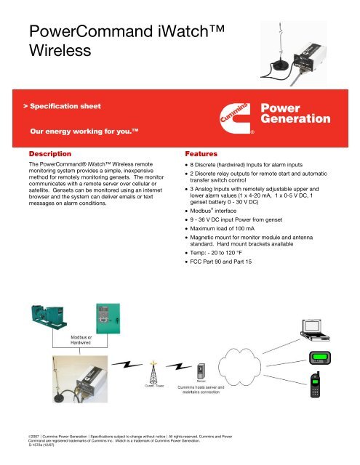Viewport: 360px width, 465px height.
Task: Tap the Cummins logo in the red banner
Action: pyautogui.click(x=239, y=115)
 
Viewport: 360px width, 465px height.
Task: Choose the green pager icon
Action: pyautogui.click(x=319, y=357)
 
